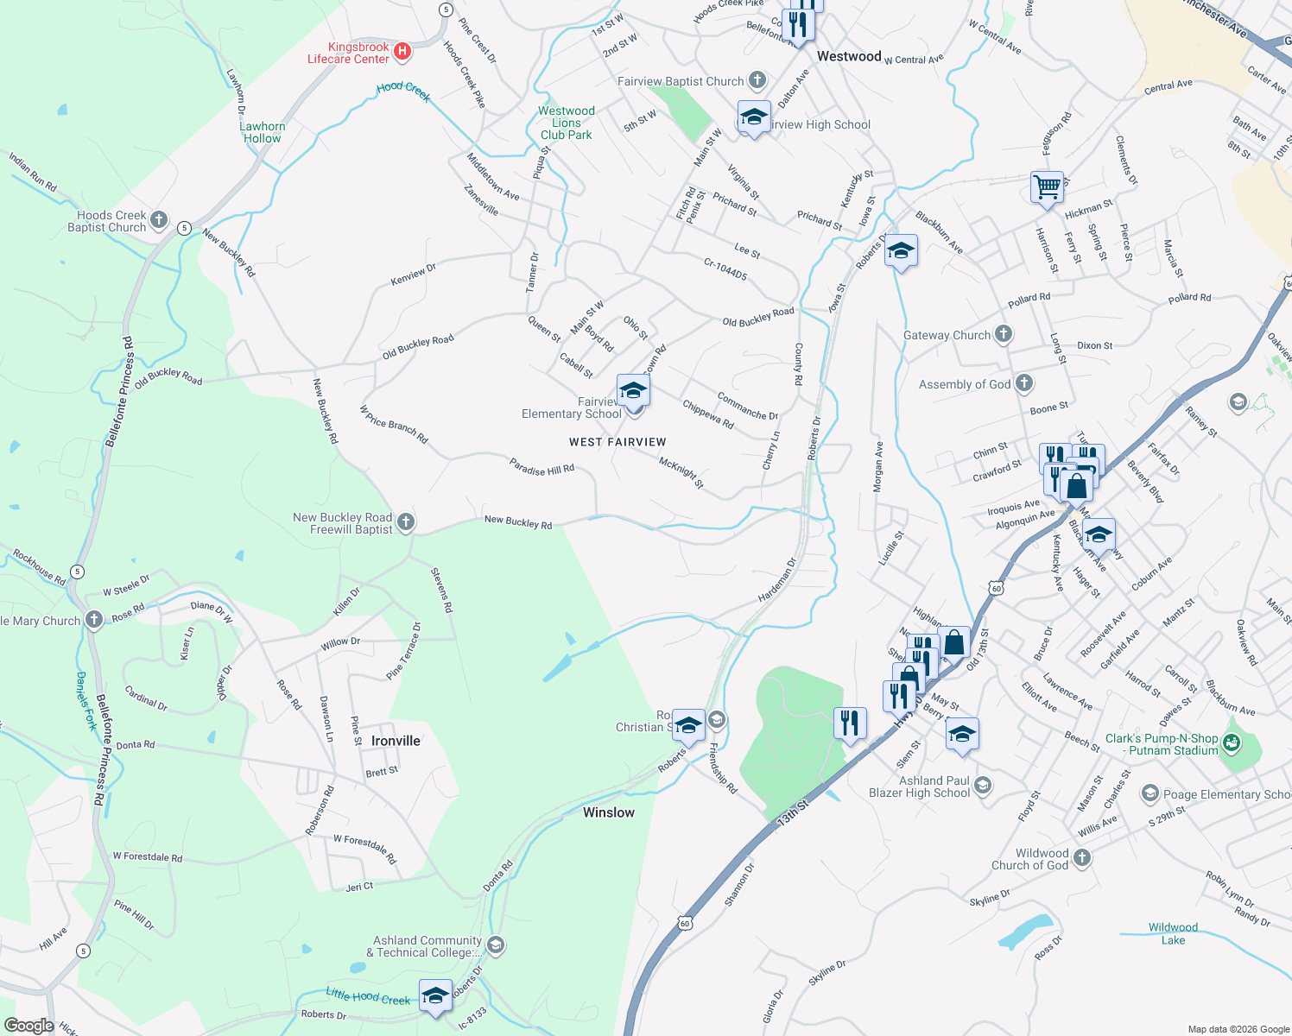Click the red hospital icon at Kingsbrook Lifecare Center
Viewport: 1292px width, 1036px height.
402,52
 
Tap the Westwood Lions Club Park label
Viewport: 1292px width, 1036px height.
567,123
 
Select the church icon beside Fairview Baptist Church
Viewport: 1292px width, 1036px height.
757,81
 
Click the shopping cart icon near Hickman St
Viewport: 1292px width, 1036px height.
1047,186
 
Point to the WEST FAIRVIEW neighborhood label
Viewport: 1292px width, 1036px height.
617,442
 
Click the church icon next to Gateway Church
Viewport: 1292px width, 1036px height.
1003,334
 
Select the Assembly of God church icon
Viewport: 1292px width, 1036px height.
1023,383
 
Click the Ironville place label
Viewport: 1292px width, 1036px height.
396,741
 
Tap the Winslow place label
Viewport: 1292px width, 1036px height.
609,812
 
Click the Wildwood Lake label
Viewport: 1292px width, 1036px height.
1173,933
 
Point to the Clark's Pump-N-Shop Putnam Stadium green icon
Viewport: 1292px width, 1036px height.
1232,742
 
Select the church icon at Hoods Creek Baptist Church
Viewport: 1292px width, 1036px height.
159,220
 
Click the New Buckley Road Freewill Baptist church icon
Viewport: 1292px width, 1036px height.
406,522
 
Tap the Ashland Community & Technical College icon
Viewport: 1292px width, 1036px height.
496,945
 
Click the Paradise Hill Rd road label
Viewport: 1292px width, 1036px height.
541,469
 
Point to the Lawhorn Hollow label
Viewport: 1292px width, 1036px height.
263,132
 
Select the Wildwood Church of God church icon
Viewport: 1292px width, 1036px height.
1082,858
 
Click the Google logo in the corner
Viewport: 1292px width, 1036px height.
29,1025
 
